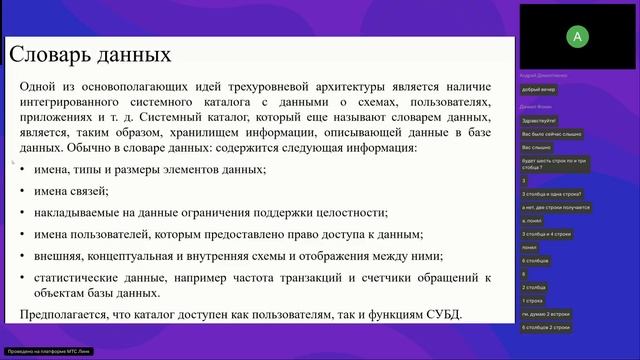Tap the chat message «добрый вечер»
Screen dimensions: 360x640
click(x=538, y=89)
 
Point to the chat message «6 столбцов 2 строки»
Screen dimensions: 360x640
click(x=546, y=326)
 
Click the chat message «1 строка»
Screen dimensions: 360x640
click(x=532, y=299)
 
